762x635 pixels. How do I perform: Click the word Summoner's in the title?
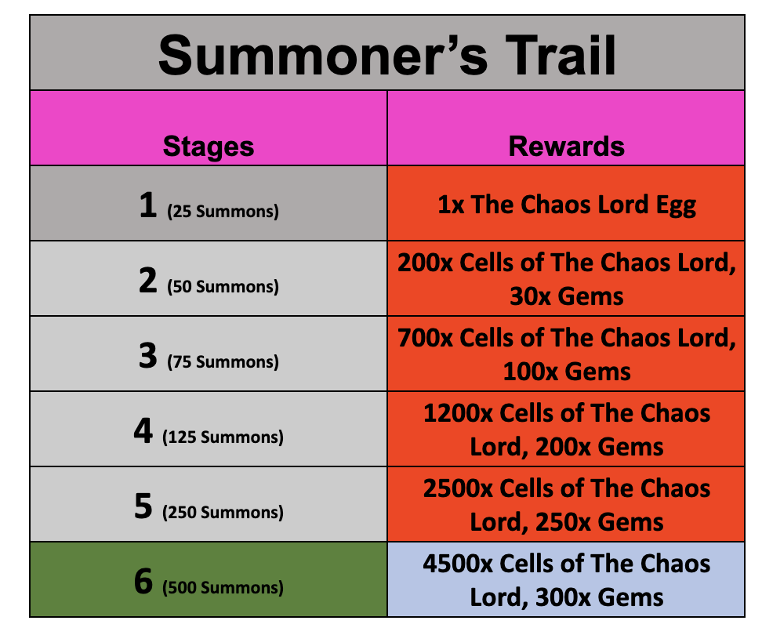323,56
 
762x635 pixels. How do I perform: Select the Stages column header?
209,147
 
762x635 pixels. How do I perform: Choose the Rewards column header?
566,146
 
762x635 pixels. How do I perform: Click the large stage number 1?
147,205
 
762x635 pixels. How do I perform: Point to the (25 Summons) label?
223,212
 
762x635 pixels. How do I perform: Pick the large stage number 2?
147,280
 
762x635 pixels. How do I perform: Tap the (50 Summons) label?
223,287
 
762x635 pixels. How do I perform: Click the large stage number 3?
147,355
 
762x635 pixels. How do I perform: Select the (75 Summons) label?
223,362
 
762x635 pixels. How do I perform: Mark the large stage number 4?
143,430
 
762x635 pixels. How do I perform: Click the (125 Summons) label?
223,437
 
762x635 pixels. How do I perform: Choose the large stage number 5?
143,506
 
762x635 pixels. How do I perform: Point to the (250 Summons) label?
223,513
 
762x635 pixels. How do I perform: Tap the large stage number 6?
143,581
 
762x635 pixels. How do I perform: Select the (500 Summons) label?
223,588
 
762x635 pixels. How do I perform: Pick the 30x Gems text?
566,296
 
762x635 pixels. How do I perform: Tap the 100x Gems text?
567,372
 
